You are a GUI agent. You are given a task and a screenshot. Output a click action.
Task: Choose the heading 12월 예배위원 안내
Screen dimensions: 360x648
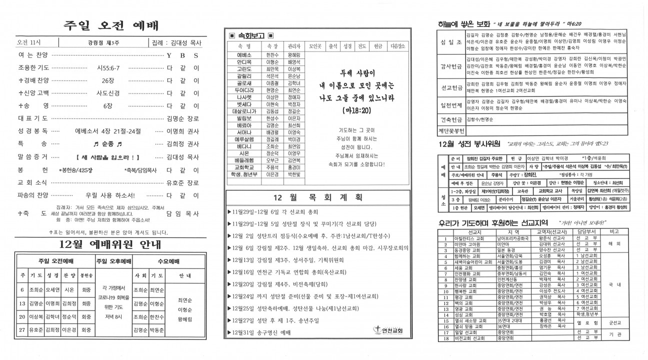click(109, 245)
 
